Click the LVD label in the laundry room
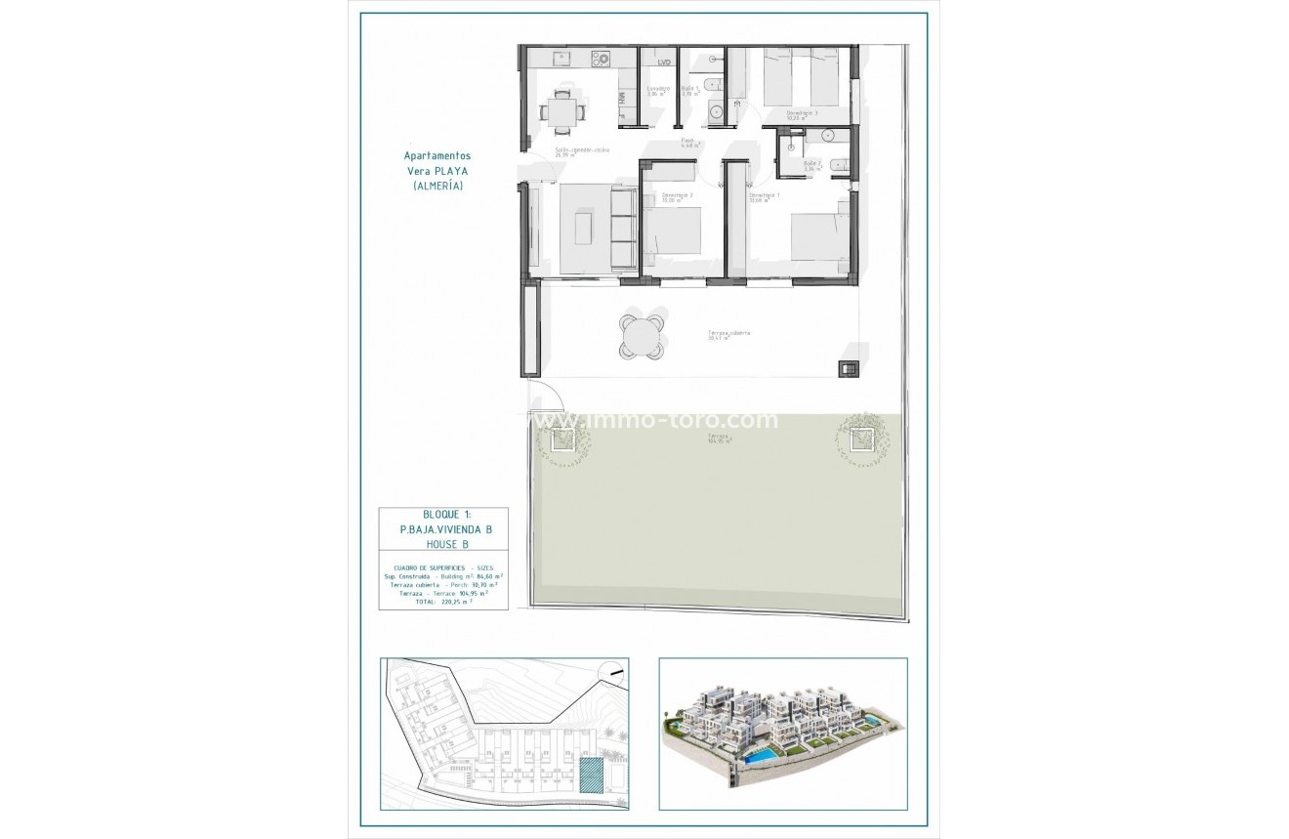[x=664, y=63]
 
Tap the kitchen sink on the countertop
[x=561, y=59]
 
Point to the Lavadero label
[x=658, y=90]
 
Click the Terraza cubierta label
[x=729, y=334]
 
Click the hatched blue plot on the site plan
[x=591, y=776]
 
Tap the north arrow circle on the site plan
[x=613, y=670]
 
